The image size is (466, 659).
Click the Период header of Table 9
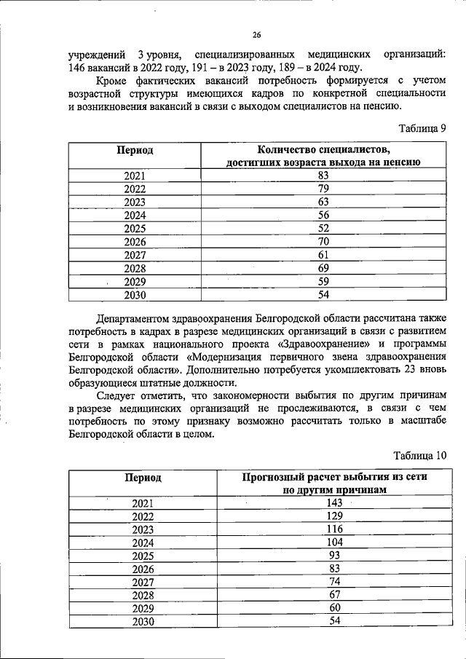point(135,149)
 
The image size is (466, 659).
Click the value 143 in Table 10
point(334,503)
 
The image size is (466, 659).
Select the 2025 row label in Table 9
point(135,228)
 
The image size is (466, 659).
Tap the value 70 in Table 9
point(324,241)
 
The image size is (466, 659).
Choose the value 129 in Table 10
point(334,516)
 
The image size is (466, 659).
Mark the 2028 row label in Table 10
point(143,595)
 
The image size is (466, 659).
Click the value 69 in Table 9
point(324,268)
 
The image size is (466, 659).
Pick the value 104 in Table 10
point(334,542)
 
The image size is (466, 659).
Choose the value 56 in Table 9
point(324,215)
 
